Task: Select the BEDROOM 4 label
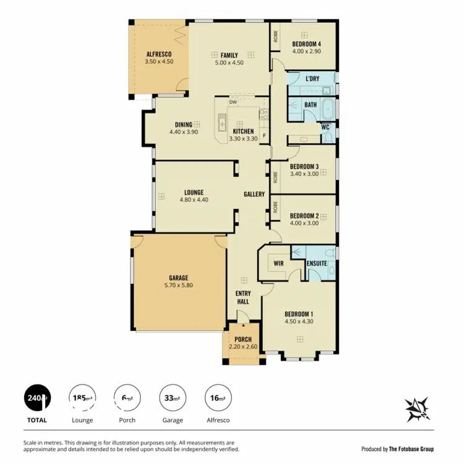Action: pyautogui.click(x=306, y=43)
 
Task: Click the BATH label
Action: pyautogui.click(x=310, y=105)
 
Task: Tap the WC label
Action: pyautogui.click(x=325, y=127)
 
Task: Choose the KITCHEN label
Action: pyautogui.click(x=243, y=131)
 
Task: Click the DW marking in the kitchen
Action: pyautogui.click(x=233, y=102)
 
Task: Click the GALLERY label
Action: pyautogui.click(x=254, y=194)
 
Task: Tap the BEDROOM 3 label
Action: pyautogui.click(x=304, y=166)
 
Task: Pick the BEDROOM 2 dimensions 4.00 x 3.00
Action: pyautogui.click(x=304, y=223)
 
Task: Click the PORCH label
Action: pyautogui.click(x=243, y=340)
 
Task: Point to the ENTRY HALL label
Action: pyautogui.click(x=242, y=298)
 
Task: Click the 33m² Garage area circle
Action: pyautogui.click(x=173, y=397)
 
